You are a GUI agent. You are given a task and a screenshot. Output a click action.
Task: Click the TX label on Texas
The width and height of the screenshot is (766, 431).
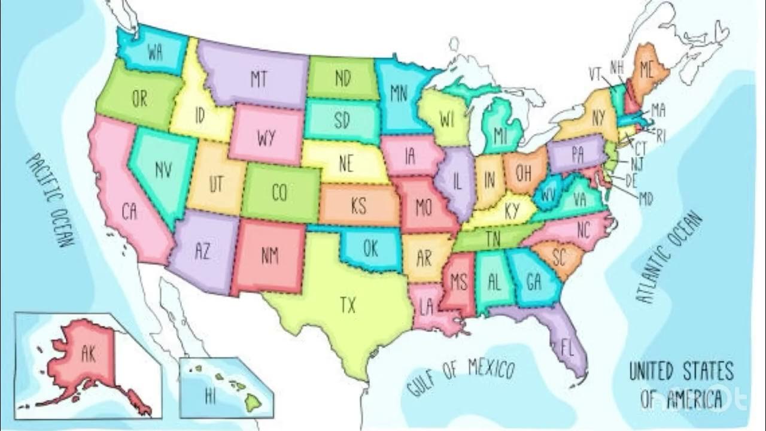click(348, 306)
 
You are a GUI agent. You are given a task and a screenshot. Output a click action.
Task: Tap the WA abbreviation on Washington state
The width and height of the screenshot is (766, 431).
click(156, 53)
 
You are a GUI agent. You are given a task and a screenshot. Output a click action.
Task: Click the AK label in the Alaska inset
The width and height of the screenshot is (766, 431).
click(89, 353)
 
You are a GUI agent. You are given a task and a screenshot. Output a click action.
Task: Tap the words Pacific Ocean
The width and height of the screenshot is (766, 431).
click(52, 201)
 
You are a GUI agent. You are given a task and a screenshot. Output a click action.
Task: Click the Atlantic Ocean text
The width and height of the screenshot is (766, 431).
click(668, 257)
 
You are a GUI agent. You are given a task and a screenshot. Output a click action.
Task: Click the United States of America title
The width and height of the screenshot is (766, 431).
click(681, 385)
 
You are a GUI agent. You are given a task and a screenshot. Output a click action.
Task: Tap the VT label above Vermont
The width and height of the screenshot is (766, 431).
click(594, 74)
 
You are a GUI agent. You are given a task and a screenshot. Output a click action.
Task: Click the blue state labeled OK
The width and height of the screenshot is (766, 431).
click(371, 248)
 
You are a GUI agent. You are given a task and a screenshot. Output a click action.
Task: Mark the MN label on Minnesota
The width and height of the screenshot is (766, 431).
click(399, 93)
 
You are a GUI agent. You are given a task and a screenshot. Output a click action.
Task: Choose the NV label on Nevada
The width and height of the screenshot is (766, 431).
click(163, 171)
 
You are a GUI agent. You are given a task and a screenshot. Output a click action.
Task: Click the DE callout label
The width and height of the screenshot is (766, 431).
click(630, 180)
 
